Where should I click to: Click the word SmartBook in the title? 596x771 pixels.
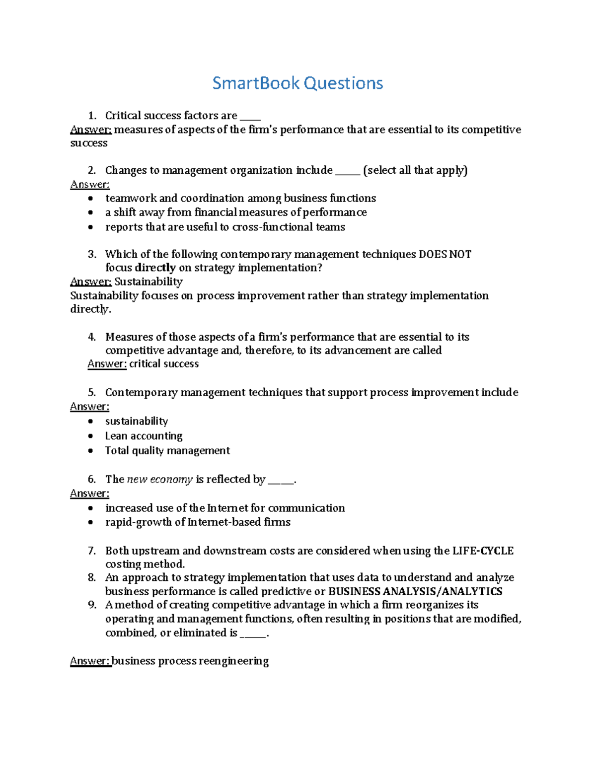(256, 83)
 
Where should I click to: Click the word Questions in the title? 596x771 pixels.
(343, 83)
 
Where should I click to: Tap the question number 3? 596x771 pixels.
(92, 254)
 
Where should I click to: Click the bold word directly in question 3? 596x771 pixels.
(155, 268)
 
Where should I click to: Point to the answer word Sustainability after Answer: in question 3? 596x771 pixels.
(149, 281)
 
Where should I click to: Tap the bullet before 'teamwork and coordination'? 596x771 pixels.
(90, 199)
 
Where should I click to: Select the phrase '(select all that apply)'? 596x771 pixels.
(415, 170)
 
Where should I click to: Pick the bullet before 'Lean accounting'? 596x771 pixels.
(90, 436)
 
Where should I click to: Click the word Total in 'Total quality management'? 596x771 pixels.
(117, 450)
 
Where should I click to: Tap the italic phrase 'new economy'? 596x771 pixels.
(159, 479)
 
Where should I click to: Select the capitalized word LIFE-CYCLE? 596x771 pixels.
(483, 551)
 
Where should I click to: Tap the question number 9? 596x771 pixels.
(92, 605)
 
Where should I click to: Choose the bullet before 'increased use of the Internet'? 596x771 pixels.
(90, 508)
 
